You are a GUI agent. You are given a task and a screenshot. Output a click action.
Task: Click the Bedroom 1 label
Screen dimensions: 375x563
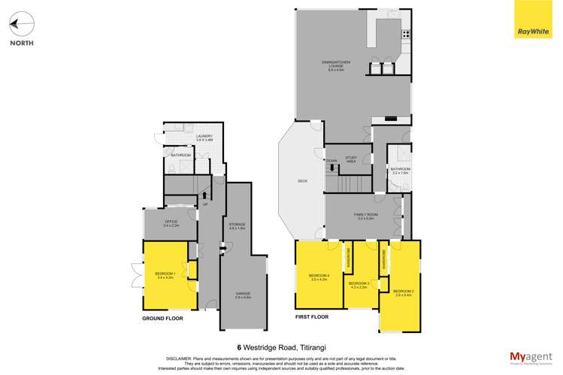pyautogui.click(x=165, y=275)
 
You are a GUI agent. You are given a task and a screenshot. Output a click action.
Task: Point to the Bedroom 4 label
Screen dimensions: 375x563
pyautogui.click(x=319, y=278)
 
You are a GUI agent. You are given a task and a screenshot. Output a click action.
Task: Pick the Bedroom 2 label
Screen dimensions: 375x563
pyautogui.click(x=403, y=292)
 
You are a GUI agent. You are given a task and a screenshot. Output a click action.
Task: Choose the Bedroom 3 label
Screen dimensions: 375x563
pyautogui.click(x=359, y=285)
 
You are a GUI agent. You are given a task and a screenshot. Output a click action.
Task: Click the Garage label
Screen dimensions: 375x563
pyautogui.click(x=242, y=296)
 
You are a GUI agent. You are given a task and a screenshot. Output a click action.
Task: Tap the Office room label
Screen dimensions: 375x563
pyautogui.click(x=171, y=223)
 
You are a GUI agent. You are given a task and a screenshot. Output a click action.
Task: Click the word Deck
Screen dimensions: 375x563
pyautogui.click(x=302, y=181)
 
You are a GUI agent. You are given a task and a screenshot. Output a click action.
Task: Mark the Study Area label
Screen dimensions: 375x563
pyautogui.click(x=350, y=160)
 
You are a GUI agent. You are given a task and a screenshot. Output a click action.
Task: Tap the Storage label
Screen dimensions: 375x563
pyautogui.click(x=237, y=226)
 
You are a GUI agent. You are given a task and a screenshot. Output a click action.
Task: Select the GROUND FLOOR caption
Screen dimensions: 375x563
pyautogui.click(x=162, y=319)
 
